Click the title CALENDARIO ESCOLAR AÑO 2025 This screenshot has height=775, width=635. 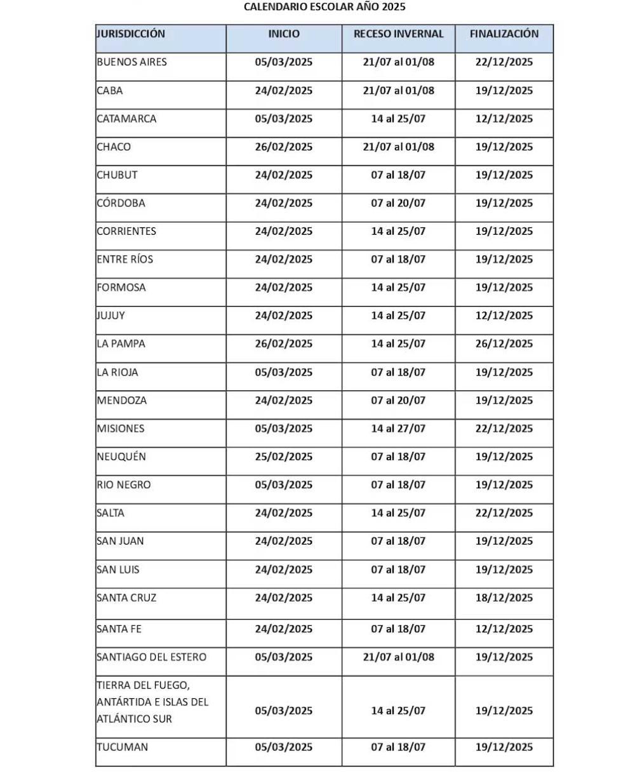pyautogui.click(x=324, y=7)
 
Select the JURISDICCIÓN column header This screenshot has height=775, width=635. pyautogui.click(x=131, y=34)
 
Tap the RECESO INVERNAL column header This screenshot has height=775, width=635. pyautogui.click(x=398, y=34)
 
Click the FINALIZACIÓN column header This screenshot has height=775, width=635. pyautogui.click(x=504, y=34)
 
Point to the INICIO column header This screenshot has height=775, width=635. pyautogui.click(x=284, y=34)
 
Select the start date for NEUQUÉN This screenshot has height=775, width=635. pyautogui.click(x=284, y=457)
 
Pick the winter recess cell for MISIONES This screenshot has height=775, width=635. pyautogui.click(x=398, y=428)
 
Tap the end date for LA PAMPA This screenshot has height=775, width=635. pyautogui.click(x=504, y=344)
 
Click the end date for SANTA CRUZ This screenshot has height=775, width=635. pyautogui.click(x=504, y=598)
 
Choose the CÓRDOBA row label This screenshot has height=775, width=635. pyautogui.click(x=121, y=203)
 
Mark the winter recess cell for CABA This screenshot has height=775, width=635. pyautogui.click(x=398, y=90)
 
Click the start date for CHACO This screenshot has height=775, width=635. pyautogui.click(x=284, y=147)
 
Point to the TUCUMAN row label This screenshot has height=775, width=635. pyautogui.click(x=123, y=747)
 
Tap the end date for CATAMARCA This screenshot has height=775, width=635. pyautogui.click(x=504, y=119)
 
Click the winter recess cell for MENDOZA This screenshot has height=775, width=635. pyautogui.click(x=398, y=401)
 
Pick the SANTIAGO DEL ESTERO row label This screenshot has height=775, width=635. pyautogui.click(x=152, y=657)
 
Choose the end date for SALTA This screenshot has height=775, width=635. pyautogui.click(x=504, y=513)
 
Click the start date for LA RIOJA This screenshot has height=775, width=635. pyautogui.click(x=284, y=373)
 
